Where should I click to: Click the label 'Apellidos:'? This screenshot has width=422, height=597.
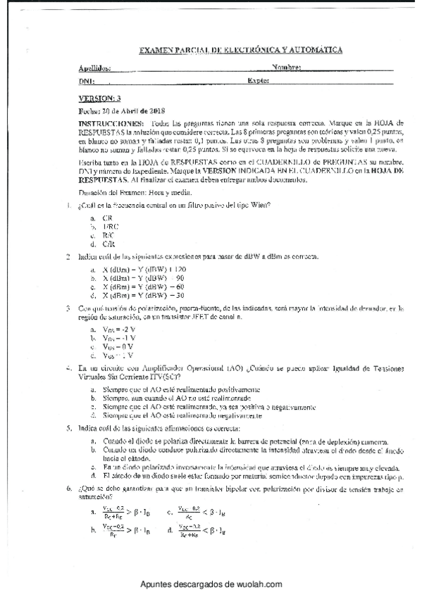pyautogui.click(x=95, y=69)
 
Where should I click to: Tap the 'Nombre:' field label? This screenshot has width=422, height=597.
pyautogui.click(x=286, y=68)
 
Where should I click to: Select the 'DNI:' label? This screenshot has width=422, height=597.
pyautogui.click(x=86, y=82)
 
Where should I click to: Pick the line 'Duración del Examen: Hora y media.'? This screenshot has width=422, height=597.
pyautogui.click(x=128, y=191)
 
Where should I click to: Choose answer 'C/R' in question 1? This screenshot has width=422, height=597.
pyautogui.click(x=107, y=243)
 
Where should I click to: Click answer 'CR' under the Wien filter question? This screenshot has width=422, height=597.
pyautogui.click(x=107, y=218)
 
